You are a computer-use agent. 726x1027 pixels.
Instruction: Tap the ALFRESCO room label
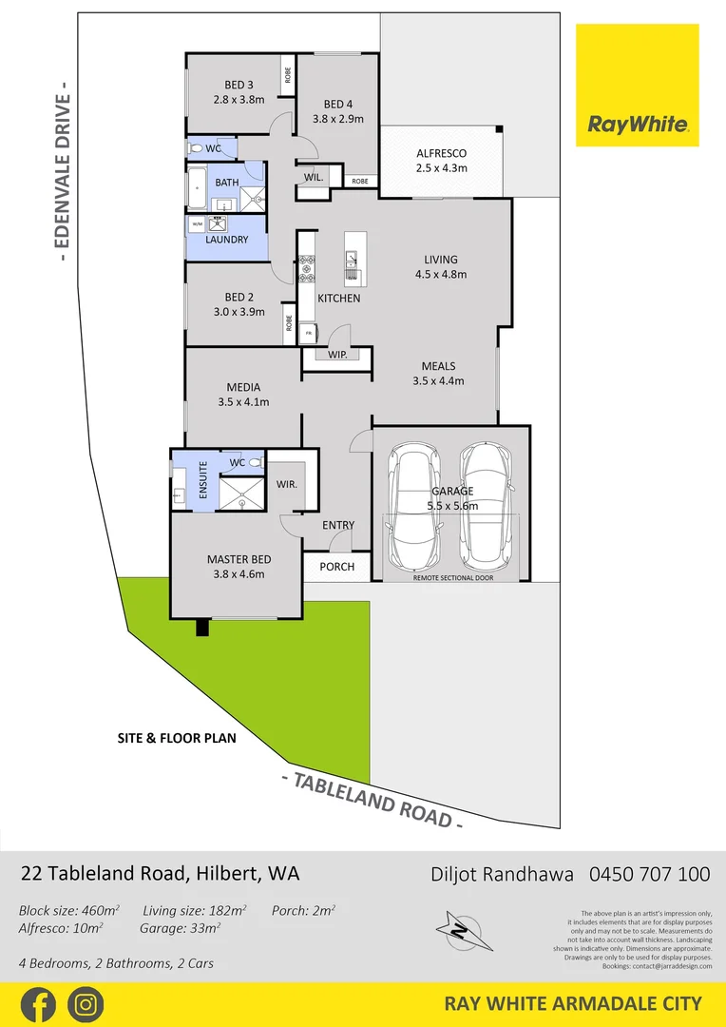point(442,153)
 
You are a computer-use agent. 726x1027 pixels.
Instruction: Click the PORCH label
point(337,567)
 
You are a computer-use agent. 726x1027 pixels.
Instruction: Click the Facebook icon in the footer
point(37,1004)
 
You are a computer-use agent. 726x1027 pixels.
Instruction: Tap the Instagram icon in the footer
point(86,1004)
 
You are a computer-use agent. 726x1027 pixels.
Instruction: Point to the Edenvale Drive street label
point(64,178)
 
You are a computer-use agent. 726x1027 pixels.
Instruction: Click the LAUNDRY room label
point(227,240)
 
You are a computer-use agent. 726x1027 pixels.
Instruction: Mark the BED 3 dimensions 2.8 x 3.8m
point(239,99)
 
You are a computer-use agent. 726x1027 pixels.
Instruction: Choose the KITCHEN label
point(339,299)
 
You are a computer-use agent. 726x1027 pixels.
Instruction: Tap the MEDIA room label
point(243,387)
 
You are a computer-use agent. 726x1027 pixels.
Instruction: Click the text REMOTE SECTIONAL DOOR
point(452,577)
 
